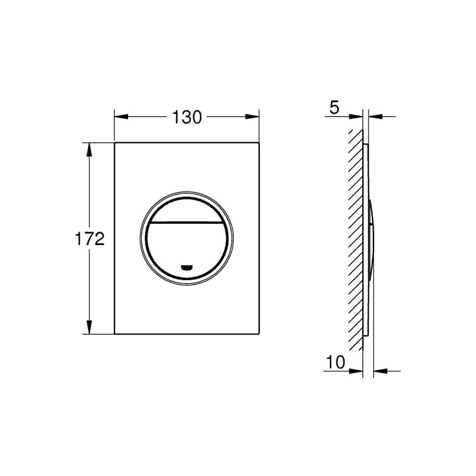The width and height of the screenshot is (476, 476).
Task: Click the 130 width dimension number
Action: tap(187, 117)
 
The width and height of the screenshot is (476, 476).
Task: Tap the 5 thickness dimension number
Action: tap(334, 108)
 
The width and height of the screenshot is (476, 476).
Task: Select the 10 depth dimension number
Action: tap(335, 362)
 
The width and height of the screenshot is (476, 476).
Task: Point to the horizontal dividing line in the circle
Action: tap(187, 223)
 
